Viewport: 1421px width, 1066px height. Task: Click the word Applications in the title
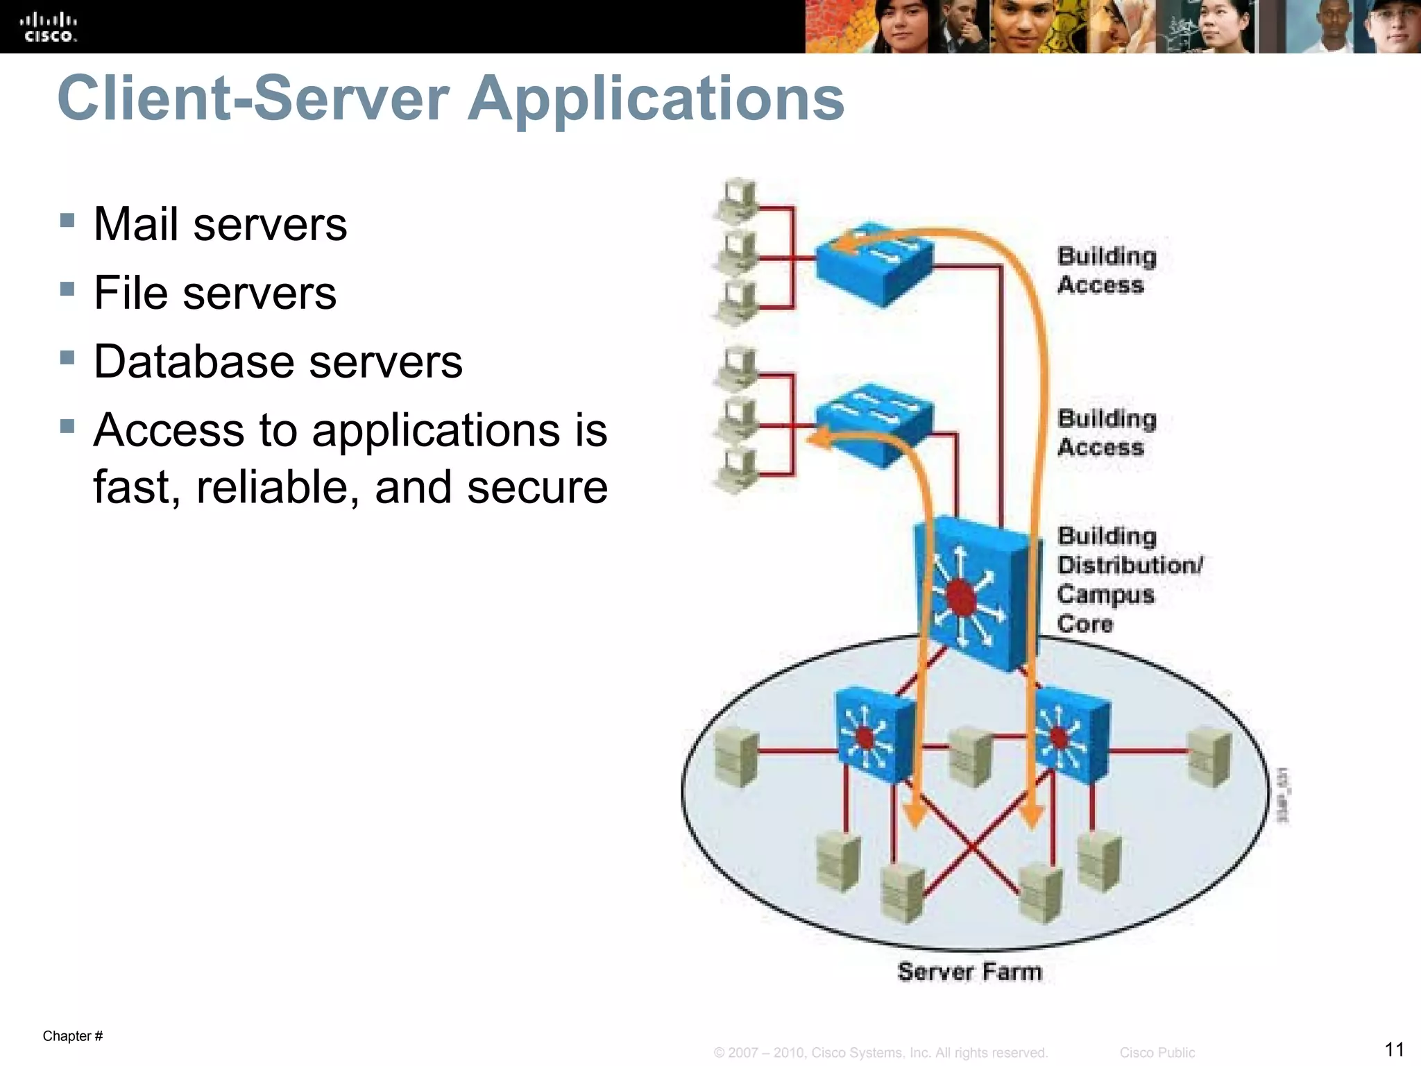pos(656,99)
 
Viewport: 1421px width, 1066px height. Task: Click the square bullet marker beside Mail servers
pos(67,221)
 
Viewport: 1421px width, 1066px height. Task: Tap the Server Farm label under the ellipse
pos(969,972)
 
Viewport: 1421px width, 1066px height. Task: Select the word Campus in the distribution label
pos(1105,595)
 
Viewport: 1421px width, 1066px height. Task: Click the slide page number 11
pos(1394,1049)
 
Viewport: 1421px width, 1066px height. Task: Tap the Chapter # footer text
pos(73,1036)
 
